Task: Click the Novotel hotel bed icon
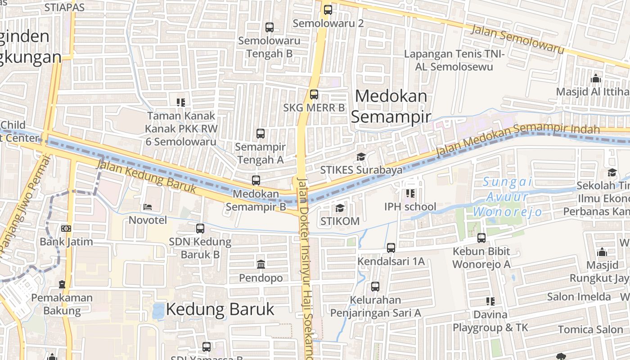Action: [148, 207]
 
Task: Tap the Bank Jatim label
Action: [66, 242]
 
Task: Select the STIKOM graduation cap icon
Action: [340, 208]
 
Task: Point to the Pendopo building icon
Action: [261, 264]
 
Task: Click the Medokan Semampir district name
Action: [391, 106]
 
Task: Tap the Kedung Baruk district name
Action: [220, 309]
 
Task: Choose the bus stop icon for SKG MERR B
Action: [314, 94]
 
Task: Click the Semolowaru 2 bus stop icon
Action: [328, 9]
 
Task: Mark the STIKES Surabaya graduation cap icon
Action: [361, 157]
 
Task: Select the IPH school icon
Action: [410, 193]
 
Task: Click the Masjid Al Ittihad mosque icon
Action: [596, 78]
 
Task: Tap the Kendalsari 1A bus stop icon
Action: [391, 247]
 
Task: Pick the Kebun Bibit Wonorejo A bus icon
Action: [481, 238]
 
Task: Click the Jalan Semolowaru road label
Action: [517, 39]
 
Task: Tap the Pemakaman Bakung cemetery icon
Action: [62, 284]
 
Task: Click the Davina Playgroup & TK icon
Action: [490, 301]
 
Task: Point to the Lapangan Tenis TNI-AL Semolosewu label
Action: [455, 60]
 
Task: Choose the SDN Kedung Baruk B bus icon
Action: [200, 228]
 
